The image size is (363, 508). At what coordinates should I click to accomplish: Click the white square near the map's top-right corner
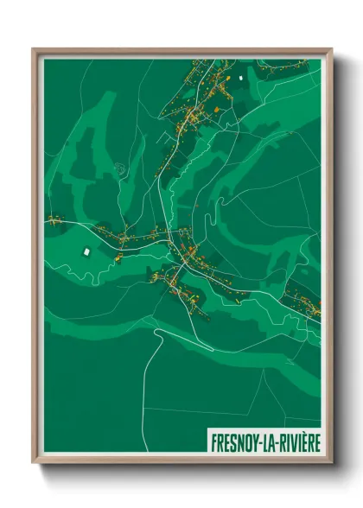(241, 79)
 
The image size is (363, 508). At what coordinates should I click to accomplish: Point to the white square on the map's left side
(86, 251)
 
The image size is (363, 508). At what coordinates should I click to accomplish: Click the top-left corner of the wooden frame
(34, 49)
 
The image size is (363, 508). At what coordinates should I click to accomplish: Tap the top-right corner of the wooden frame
(331, 49)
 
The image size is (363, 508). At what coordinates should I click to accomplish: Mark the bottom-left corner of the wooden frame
(34, 463)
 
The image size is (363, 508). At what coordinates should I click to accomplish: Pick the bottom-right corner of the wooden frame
(331, 463)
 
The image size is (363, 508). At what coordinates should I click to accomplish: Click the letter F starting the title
(213, 442)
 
